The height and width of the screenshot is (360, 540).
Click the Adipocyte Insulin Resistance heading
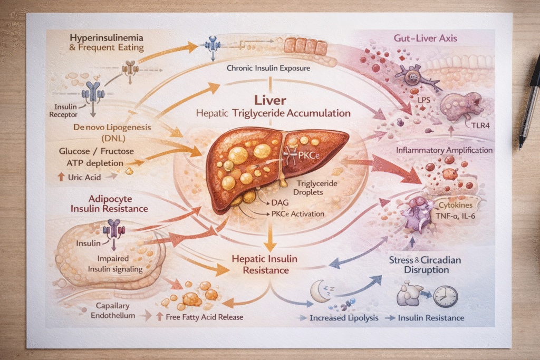click(x=110, y=203)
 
